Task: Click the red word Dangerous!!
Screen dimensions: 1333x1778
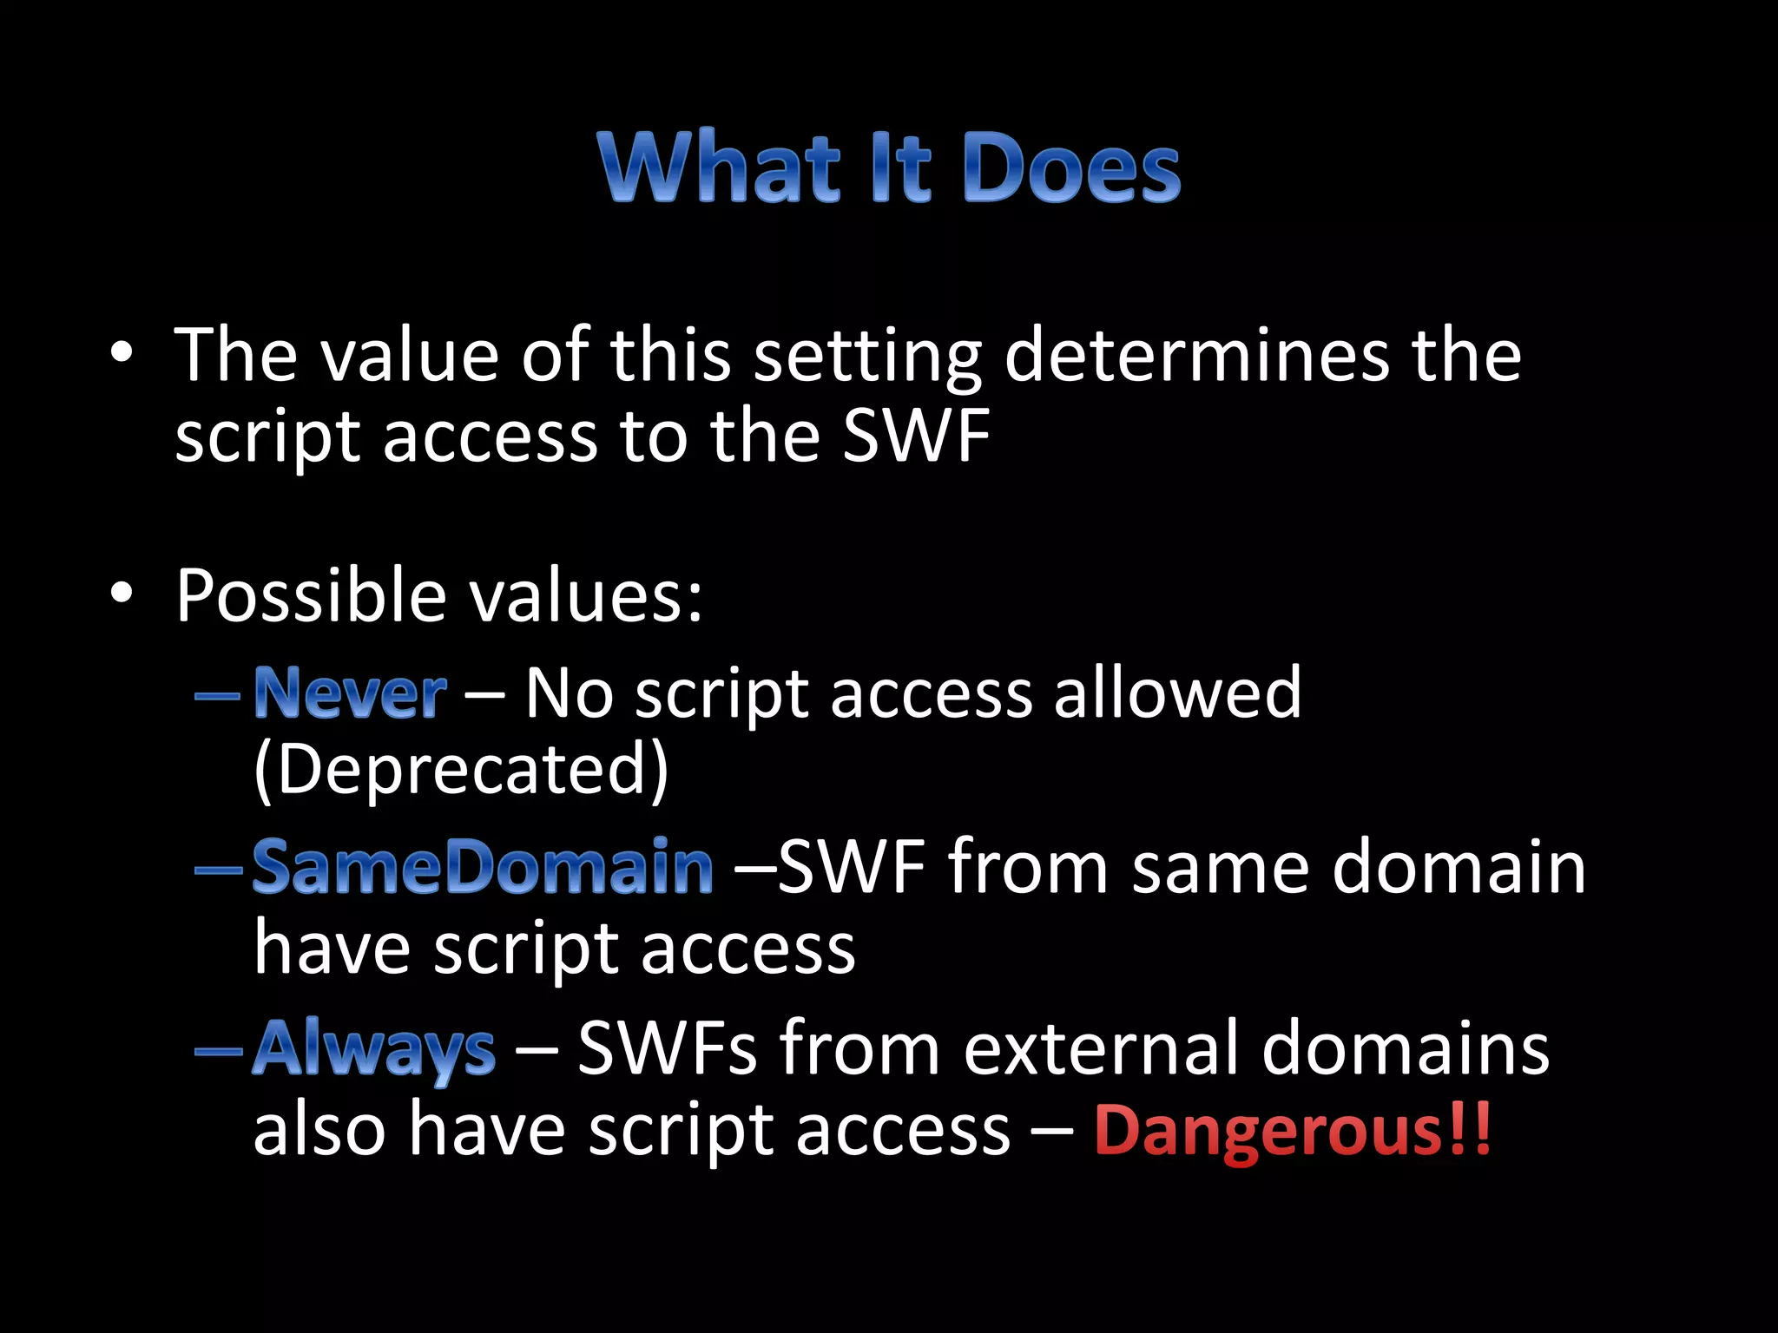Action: [x=1292, y=1130]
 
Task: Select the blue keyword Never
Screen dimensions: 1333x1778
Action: [x=350, y=693]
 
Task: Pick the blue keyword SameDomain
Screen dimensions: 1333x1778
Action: [x=483, y=867]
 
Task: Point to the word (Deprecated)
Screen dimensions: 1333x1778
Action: [x=461, y=769]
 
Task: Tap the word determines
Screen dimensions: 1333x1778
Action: [x=1196, y=356]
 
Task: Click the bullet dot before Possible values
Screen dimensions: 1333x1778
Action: [x=122, y=593]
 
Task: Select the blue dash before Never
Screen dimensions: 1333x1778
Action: [x=217, y=695]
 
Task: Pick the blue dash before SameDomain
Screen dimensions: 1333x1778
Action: [x=217, y=869]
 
